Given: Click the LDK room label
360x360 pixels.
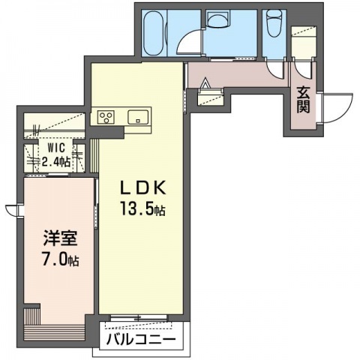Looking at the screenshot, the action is [142, 187].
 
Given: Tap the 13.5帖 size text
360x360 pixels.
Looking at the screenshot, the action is [142, 208].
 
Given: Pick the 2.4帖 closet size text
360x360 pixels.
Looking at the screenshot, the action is [55, 162].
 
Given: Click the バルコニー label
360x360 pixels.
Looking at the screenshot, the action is [141, 340].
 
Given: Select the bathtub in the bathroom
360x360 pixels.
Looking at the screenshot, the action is [154, 33].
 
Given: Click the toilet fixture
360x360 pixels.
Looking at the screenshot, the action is [273, 22].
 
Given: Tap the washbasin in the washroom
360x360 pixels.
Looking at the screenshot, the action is [218, 19].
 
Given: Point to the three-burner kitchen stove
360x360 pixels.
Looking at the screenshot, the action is [106, 117].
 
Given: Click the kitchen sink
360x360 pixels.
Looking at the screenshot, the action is [138, 117].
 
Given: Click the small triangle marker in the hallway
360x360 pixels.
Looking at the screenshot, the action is [205, 82].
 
